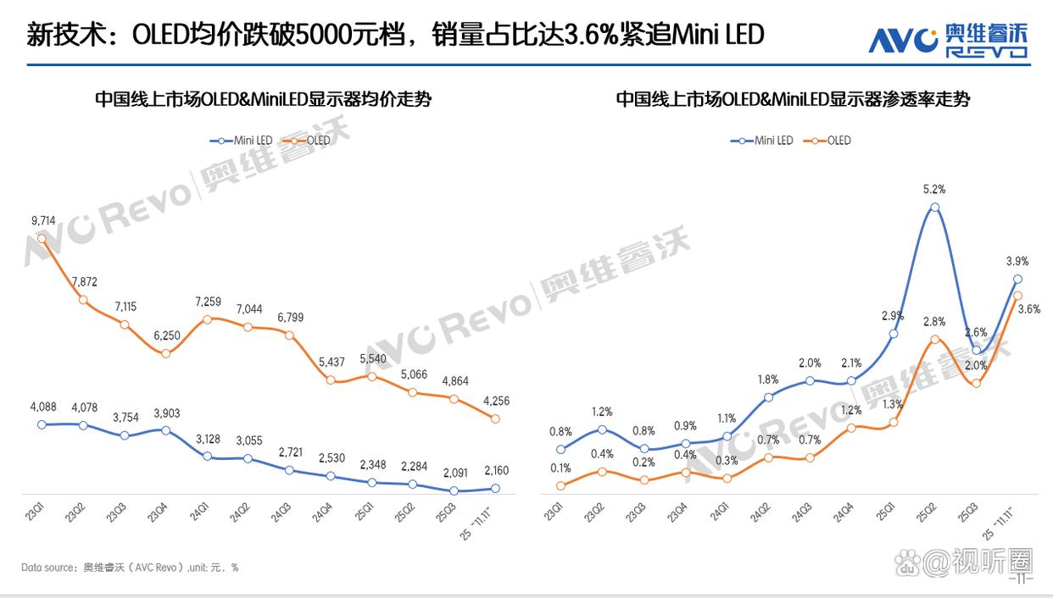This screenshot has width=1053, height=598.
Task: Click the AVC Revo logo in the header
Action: click(947, 40)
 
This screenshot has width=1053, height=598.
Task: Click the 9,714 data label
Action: click(42, 221)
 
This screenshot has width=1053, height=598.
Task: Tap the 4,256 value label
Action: click(495, 401)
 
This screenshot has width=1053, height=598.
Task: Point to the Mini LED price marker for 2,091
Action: click(454, 490)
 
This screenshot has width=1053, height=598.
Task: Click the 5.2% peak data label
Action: click(934, 189)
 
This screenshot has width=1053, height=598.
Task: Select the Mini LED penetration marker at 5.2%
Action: click(934, 207)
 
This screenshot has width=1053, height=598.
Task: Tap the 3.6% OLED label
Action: click(1028, 309)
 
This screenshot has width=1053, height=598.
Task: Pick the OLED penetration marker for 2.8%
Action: click(934, 340)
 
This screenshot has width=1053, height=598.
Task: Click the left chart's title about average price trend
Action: click(263, 100)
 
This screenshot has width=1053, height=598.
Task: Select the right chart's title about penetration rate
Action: click(792, 100)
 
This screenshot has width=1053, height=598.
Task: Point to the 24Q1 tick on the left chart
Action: click(200, 512)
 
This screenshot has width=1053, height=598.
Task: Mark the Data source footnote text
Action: click(130, 568)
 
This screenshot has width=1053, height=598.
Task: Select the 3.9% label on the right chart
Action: click(1017, 261)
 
